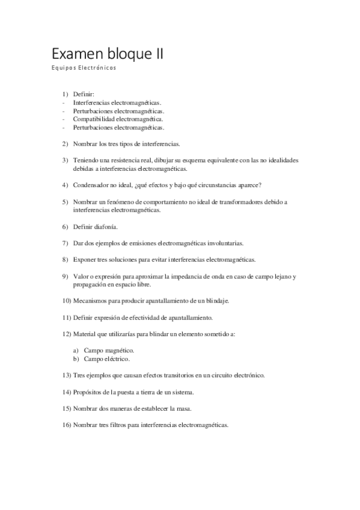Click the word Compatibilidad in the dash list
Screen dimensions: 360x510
94,119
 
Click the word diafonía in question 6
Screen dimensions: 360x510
106,227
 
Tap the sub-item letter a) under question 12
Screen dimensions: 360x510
76,350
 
